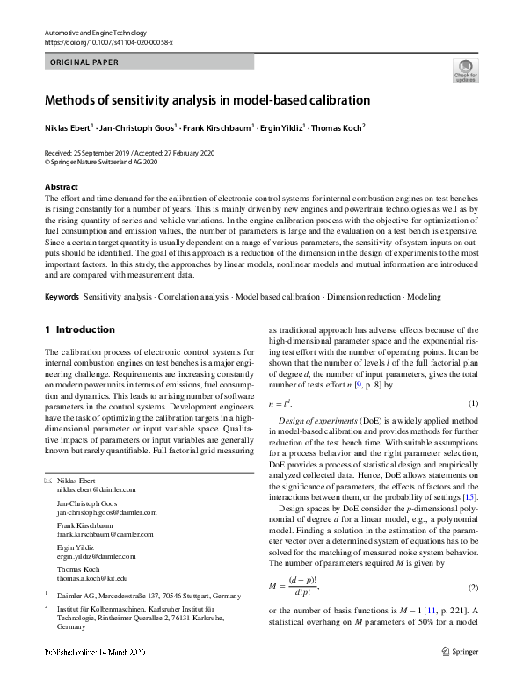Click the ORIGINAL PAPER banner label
[x=81, y=62]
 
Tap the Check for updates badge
[x=465, y=69]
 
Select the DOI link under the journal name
[x=108, y=41]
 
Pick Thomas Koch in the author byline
[x=338, y=127]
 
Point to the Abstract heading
[x=61, y=187]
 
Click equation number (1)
[x=472, y=403]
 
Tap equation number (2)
[x=472, y=587]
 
